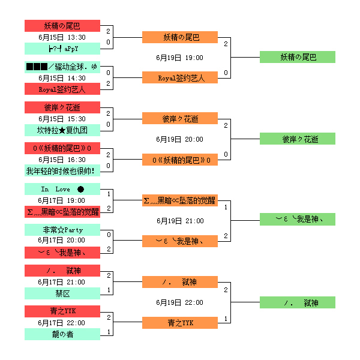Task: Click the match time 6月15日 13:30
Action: pos(62,37)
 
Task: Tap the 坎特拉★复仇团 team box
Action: pos(62,130)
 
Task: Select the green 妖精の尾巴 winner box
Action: pos(298,57)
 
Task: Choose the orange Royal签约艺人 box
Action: pos(180,77)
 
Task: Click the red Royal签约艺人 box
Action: pos(62,89)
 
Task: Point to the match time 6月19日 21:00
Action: pos(180,221)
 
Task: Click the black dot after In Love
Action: pos(80,189)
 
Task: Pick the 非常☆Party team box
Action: pos(62,230)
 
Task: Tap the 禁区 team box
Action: pos(62,293)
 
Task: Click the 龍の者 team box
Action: pos(62,334)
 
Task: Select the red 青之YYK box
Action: pos(62,311)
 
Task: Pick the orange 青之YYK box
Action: pos(180,323)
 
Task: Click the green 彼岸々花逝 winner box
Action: pos(298,139)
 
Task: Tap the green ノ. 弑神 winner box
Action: pos(298,302)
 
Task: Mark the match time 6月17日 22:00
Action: pos(62,323)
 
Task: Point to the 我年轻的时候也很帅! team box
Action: pos(62,171)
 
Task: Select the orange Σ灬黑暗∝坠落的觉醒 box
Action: pos(180,200)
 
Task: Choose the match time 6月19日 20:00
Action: pos(180,139)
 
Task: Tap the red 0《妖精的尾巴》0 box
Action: pos(62,148)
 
